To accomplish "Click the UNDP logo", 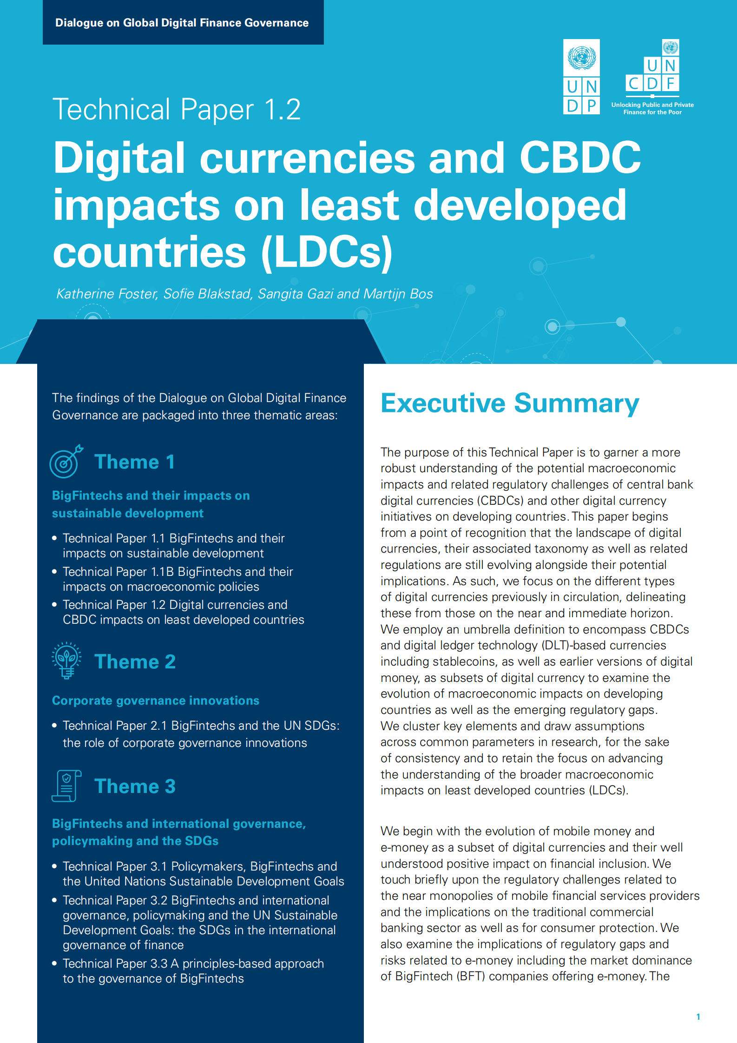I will click(x=581, y=77).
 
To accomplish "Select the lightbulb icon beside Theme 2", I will click(x=66, y=660).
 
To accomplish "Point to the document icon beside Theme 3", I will click(x=66, y=786).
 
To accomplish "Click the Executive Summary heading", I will click(x=510, y=403).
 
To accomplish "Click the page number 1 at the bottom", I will click(x=698, y=1017).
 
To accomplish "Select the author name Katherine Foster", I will click(x=106, y=294).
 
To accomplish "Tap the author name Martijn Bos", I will click(x=398, y=294).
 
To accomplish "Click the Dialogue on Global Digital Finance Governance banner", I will click(x=182, y=23).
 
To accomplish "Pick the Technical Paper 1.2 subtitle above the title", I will click(x=177, y=110).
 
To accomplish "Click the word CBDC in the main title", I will click(x=579, y=158).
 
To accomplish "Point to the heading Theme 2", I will click(x=135, y=661).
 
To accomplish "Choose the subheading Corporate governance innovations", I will click(x=156, y=700).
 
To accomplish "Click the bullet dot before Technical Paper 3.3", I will click(x=54, y=963).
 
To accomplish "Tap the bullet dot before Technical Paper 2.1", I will click(x=54, y=725).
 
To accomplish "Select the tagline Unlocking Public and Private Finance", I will click(x=652, y=108).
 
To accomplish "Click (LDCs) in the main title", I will click(x=327, y=252).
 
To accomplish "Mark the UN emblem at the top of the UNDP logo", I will click(x=581, y=58).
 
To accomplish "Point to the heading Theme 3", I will click(x=135, y=786).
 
